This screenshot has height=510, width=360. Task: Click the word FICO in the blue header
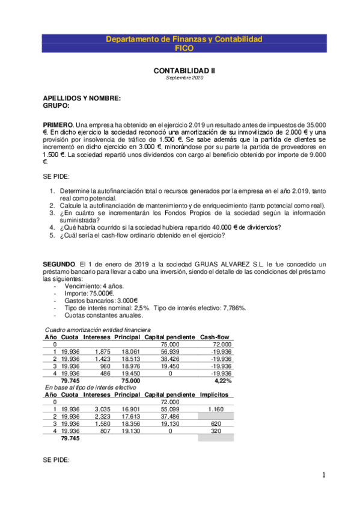click(x=184, y=48)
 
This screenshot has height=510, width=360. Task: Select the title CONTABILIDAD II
click(x=184, y=70)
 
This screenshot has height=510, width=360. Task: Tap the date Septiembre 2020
click(x=184, y=78)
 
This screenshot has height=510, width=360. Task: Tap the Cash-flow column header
click(x=216, y=337)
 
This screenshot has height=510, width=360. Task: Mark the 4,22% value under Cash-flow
click(x=223, y=381)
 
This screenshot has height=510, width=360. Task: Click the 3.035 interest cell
click(x=102, y=409)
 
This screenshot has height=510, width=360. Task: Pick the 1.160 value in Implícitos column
click(x=215, y=409)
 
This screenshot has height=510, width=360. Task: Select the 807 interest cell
click(x=105, y=431)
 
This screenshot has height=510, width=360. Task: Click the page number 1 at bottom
click(x=324, y=476)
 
